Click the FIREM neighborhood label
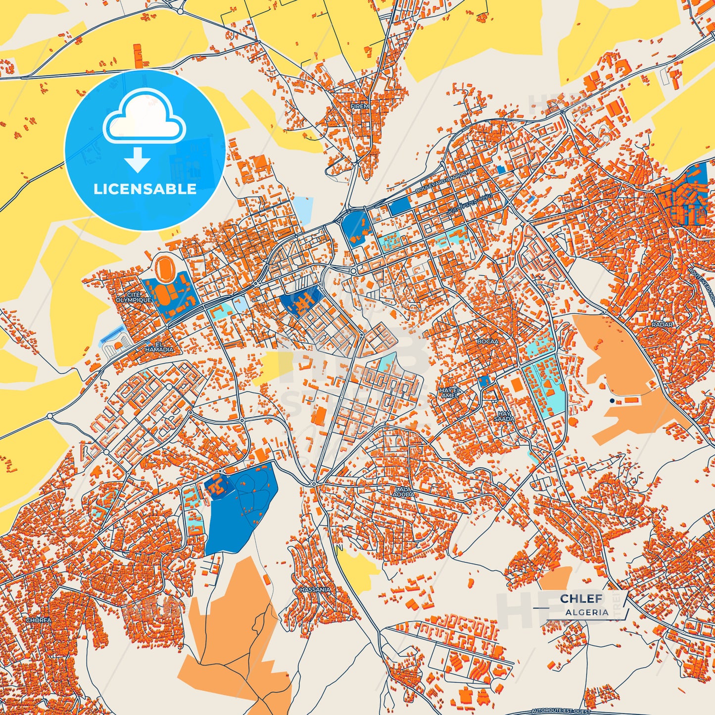[360, 106]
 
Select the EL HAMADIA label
[159, 347]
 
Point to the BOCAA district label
[487, 341]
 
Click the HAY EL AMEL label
[450, 393]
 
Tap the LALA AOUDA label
[403, 491]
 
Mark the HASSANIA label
[315, 590]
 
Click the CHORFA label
[39, 620]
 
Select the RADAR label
[662, 325]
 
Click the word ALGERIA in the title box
[587, 612]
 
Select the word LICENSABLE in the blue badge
[145, 189]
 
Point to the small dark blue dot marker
[612, 400]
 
